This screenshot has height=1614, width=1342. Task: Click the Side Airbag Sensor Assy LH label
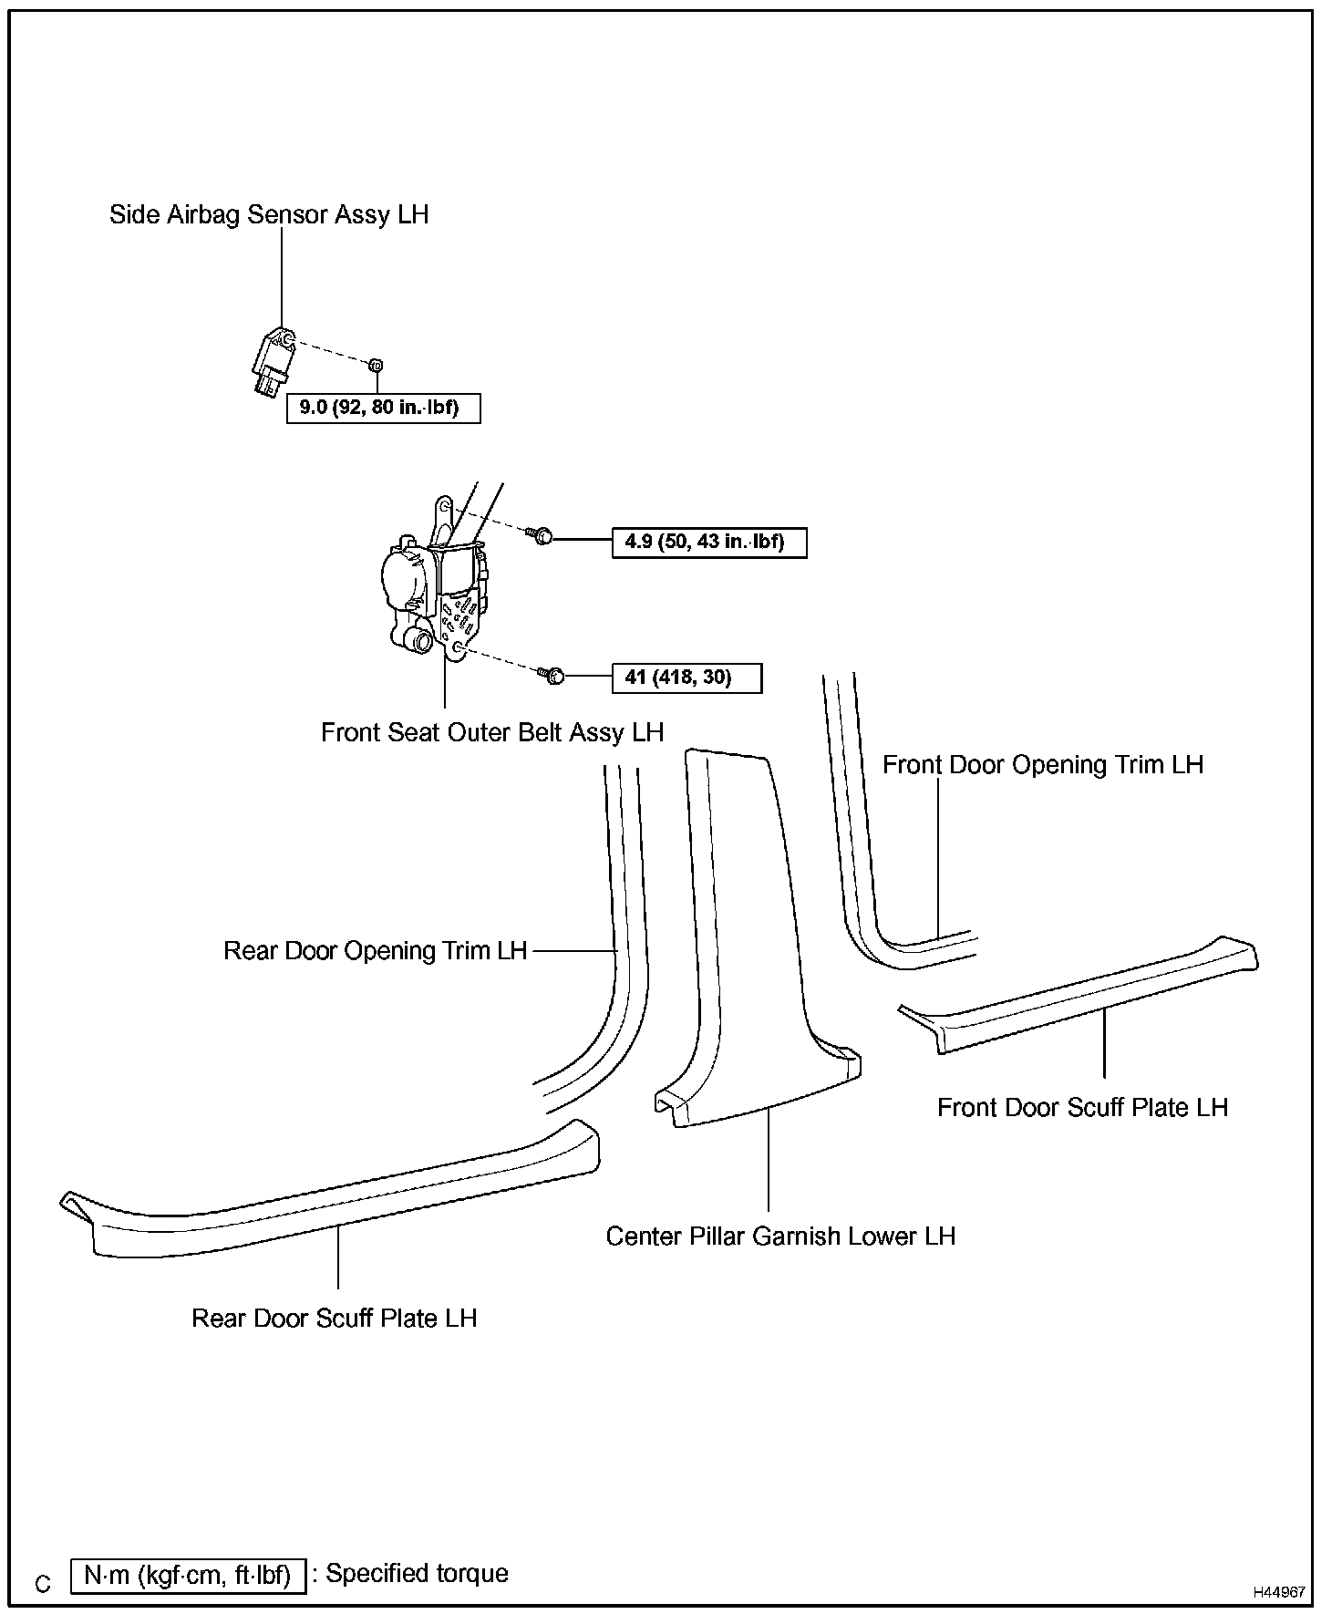268,215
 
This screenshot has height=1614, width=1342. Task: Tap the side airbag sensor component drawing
271,364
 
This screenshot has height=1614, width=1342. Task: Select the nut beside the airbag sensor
375,365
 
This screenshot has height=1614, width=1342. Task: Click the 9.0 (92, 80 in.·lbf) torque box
383,408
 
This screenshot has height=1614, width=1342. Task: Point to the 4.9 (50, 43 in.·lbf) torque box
708,543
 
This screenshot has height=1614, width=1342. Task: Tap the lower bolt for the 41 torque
553,676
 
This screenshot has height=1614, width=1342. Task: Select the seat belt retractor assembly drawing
434,593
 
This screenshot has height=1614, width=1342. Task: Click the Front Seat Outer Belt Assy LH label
492,733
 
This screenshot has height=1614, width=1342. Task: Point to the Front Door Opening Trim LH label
1042,765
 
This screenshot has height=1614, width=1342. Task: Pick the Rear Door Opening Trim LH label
376,951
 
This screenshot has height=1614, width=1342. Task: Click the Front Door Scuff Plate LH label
1082,1108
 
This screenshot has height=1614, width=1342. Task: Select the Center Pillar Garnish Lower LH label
780,1237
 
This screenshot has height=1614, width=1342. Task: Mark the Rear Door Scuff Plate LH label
334,1319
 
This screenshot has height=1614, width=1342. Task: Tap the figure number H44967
1278,1592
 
